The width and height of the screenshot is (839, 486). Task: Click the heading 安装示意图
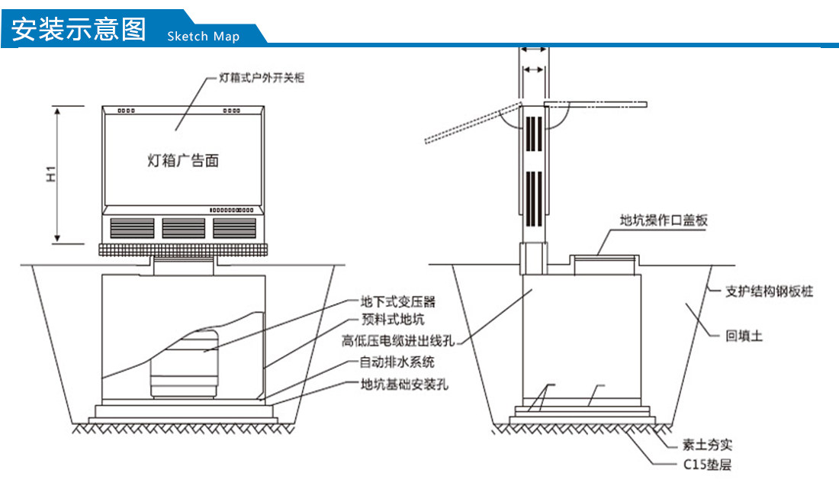click(x=79, y=29)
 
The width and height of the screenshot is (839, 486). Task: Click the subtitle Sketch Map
click(x=203, y=37)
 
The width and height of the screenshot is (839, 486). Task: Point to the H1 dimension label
click(x=51, y=175)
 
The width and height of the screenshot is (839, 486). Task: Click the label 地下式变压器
click(x=397, y=303)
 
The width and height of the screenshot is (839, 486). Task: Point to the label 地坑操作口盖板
click(x=664, y=220)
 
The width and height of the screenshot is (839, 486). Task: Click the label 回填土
click(x=744, y=336)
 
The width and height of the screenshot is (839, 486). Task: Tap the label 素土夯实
click(x=707, y=445)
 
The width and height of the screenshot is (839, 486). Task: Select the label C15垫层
click(x=707, y=464)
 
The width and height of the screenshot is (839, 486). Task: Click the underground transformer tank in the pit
click(x=185, y=364)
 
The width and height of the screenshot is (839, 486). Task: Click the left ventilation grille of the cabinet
click(x=131, y=227)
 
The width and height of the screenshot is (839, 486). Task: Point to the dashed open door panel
click(x=471, y=124)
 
